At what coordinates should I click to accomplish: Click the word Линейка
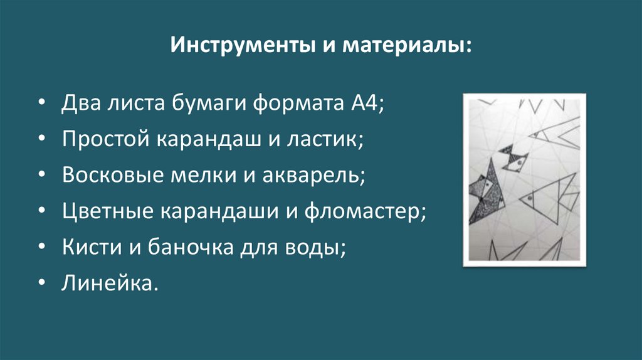(x=107, y=283)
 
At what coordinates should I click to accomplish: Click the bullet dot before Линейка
(x=41, y=283)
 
